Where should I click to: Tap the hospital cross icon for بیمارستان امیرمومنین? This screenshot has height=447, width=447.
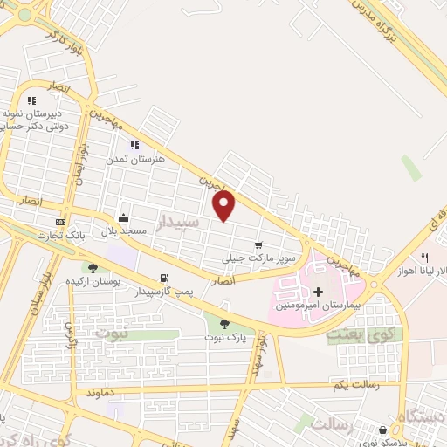click(318, 292)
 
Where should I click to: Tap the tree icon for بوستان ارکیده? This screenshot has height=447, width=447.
click(93, 267)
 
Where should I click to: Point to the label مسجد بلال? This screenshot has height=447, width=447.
click(121, 231)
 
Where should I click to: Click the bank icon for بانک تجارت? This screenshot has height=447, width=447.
click(60, 222)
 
